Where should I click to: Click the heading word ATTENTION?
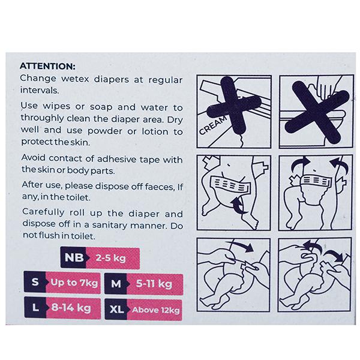(x=47, y=67)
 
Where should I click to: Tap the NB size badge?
(x=74, y=257)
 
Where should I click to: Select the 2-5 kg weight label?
(x=110, y=258)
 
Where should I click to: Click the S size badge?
(x=35, y=282)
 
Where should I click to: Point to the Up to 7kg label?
(x=74, y=283)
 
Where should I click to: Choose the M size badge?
(x=116, y=284)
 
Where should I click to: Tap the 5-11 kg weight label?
(x=154, y=284)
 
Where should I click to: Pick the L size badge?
(x=35, y=307)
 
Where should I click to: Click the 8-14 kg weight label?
(x=71, y=307)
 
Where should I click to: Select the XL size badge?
(x=116, y=310)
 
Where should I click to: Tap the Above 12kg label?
(x=155, y=310)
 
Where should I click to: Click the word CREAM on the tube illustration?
(x=212, y=125)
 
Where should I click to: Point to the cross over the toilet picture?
(x=317, y=112)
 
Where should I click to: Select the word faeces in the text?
(x=160, y=187)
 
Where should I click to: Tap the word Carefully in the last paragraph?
(x=43, y=212)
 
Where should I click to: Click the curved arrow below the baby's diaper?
(x=239, y=206)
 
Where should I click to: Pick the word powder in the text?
(x=104, y=131)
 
